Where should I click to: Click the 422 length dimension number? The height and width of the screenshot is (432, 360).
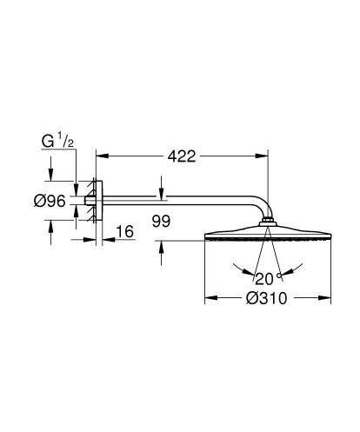tap(180, 156)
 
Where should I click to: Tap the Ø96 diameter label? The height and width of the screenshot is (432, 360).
tap(50, 202)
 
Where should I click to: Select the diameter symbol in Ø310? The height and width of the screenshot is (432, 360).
tap(250, 299)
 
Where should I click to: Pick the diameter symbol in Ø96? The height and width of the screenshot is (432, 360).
tap(39, 202)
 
